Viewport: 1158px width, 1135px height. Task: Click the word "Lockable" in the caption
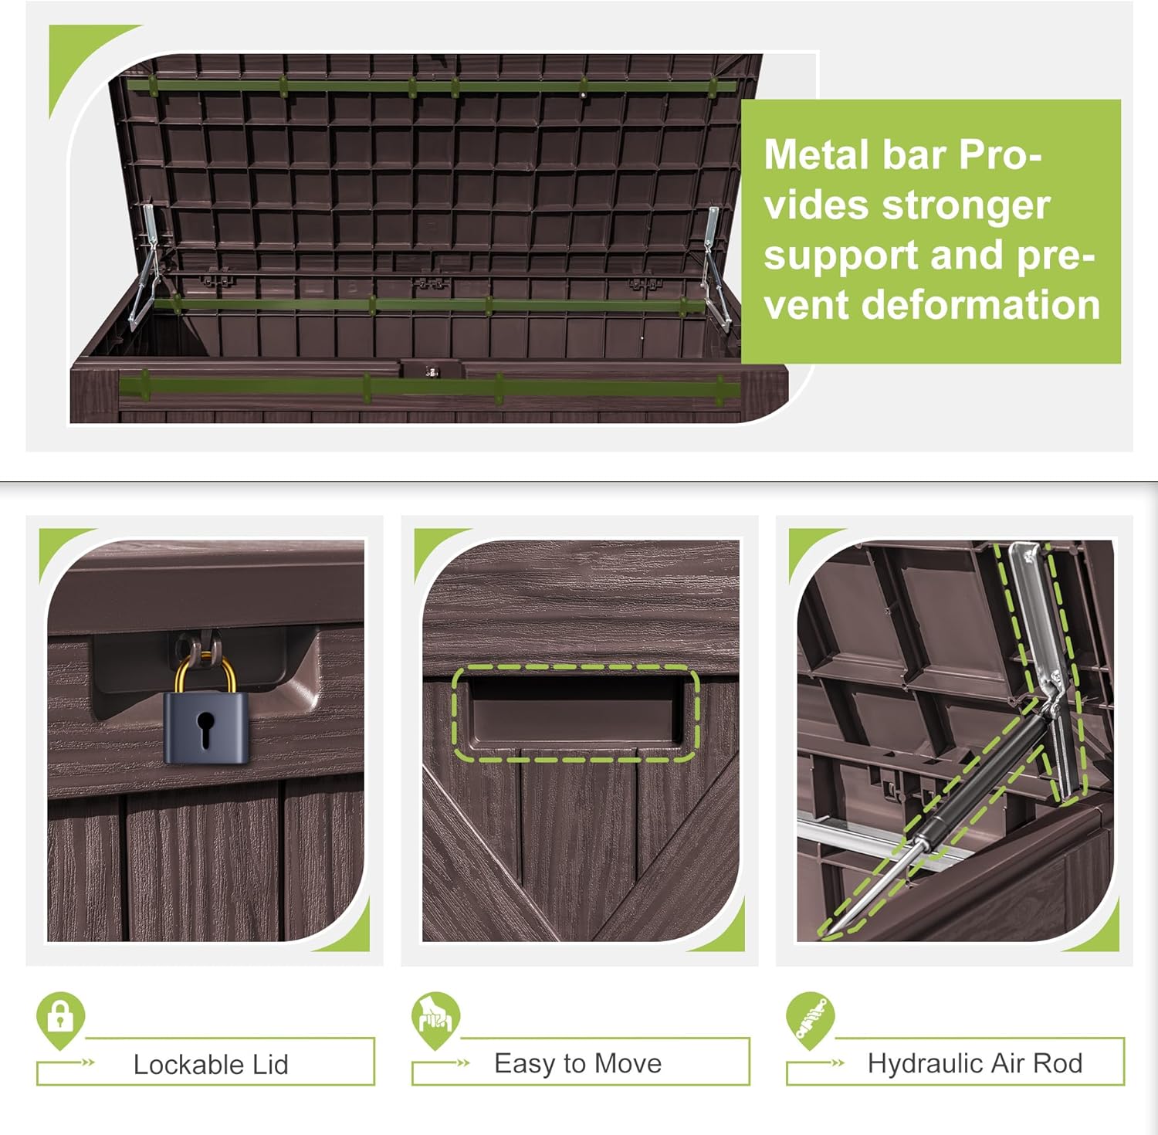pos(179,1065)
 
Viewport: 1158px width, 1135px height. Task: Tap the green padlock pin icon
pos(60,1019)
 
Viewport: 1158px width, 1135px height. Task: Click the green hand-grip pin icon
pos(435,1019)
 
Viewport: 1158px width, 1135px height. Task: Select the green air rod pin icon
pos(811,1019)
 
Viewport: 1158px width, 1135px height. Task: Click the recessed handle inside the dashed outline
pos(576,713)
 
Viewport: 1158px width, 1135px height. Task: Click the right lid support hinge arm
pos(715,266)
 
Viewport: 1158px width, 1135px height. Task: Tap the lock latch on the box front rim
pos(432,370)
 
